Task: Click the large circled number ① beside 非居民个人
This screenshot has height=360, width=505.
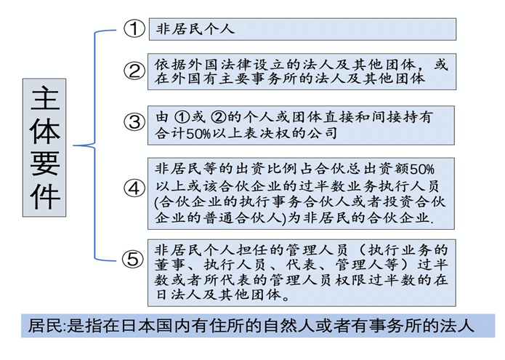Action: coord(134,29)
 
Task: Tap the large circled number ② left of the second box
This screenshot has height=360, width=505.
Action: coord(134,71)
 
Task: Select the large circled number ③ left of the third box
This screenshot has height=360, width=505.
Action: coord(134,122)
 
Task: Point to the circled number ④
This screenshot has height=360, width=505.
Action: coord(134,188)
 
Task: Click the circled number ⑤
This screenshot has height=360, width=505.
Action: coord(133,259)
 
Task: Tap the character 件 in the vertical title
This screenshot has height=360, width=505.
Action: coord(45,196)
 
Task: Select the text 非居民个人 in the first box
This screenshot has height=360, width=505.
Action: coord(195,29)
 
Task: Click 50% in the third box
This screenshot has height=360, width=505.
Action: coord(198,134)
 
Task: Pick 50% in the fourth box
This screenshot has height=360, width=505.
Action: coord(422,169)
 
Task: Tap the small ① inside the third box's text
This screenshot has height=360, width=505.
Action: coord(182,117)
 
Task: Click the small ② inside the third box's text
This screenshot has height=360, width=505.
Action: coord(219,117)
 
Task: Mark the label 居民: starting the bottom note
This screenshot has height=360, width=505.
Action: coord(47,326)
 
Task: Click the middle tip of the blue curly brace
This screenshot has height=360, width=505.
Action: coord(74,145)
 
